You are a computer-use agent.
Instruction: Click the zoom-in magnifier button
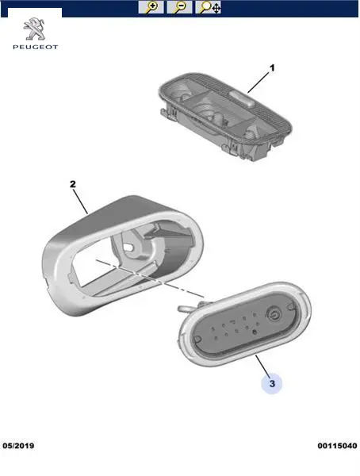pos(151,7)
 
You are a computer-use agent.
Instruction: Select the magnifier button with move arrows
pos(209,7)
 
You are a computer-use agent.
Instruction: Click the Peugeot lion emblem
pos(35,29)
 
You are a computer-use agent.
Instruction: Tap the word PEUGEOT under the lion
pos(35,47)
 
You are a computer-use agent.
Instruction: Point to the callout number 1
pos(272,68)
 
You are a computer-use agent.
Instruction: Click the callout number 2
pos(73,184)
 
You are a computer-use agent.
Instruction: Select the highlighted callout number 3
pos(272,384)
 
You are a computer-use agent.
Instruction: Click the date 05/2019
pos(18,446)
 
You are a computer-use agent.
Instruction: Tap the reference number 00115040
pos(337,446)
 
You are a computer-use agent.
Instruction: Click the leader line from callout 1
pos(259,83)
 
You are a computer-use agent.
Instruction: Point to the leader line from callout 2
pos(81,202)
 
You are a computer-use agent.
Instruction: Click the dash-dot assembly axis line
pos(150,278)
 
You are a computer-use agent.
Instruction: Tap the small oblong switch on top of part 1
pos(242,98)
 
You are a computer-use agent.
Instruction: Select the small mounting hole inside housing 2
pos(130,248)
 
